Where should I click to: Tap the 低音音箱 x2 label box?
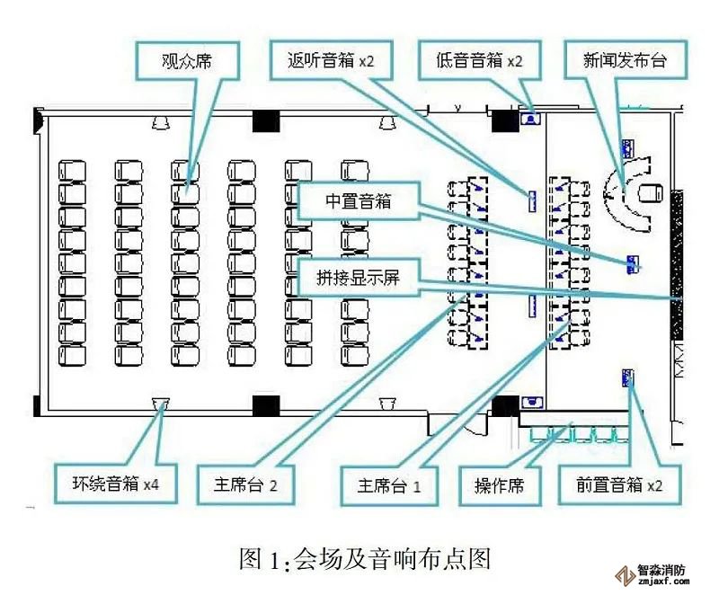click(473, 61)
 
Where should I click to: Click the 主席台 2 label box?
click(246, 484)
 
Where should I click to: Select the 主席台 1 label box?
click(389, 485)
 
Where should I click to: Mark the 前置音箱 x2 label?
click(620, 485)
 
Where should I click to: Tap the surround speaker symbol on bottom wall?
click(162, 402)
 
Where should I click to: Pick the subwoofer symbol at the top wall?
click(530, 116)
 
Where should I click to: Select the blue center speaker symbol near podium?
click(634, 262)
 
